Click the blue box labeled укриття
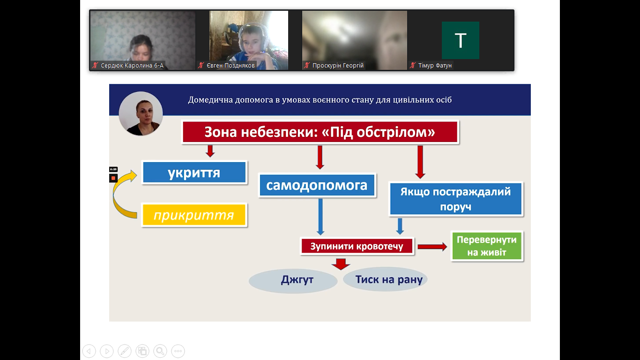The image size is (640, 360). point(194,172)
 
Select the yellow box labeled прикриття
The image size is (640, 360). point(194,215)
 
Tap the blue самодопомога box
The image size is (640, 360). point(317,185)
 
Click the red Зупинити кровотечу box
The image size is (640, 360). point(357,246)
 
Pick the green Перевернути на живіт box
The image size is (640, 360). point(487,246)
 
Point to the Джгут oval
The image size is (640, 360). point(293,280)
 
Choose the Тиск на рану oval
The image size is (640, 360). point(385,279)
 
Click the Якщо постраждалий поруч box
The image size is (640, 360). point(456,199)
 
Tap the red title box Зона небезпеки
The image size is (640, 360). point(320,132)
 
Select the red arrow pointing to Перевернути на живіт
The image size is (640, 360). point(432,247)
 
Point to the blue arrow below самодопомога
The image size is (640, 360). point(320,217)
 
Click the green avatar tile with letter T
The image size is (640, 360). point(460,40)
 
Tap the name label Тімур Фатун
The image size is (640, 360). point(435,66)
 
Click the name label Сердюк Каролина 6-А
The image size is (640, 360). point(132,66)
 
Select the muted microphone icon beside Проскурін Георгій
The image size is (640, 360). point(307,66)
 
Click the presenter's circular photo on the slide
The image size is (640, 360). point(141,113)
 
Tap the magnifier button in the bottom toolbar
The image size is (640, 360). point(160,351)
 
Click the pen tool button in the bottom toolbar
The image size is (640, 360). point(125,351)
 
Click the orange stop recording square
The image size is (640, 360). point(113,178)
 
